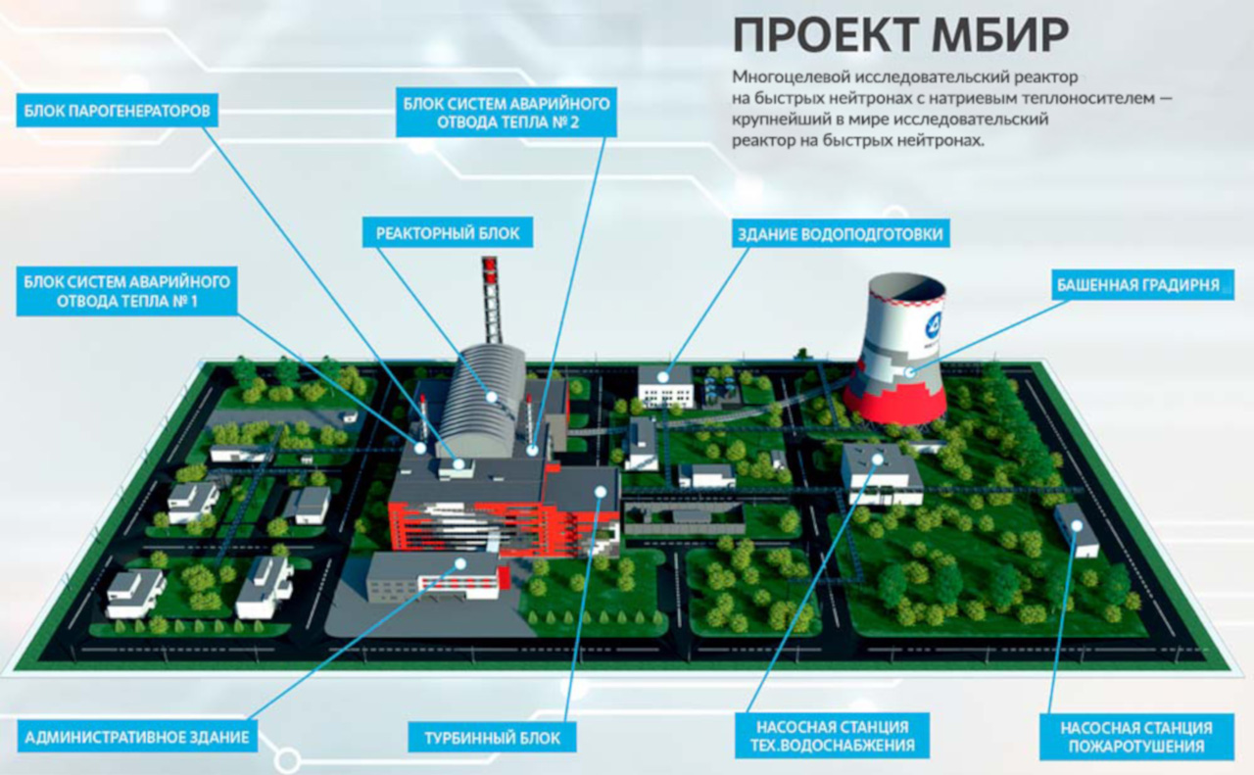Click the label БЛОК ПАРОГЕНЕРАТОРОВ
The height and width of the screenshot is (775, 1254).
click(117, 111)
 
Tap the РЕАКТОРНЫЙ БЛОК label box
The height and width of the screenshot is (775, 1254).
click(448, 232)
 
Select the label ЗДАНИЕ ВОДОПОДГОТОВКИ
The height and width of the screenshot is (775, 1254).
click(841, 233)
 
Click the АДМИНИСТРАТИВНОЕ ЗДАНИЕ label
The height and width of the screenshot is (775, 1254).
click(137, 737)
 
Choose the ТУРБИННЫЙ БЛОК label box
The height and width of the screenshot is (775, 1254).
click(492, 738)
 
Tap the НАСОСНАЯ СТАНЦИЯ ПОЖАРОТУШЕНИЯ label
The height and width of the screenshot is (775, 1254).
click(1136, 737)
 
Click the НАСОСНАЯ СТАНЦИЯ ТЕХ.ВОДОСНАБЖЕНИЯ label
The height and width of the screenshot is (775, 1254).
click(832, 736)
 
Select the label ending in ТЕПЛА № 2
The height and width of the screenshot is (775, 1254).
click(506, 112)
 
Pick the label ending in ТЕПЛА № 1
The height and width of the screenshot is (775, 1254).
click(126, 291)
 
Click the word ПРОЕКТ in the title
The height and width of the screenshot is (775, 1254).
click(826, 34)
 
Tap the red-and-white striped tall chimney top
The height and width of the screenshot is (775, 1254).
click(490, 269)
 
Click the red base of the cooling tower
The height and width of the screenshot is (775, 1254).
click(894, 405)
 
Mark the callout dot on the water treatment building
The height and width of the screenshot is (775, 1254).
click(663, 377)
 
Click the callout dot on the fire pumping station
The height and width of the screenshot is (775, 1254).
click(1077, 525)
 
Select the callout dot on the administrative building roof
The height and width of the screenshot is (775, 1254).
click(460, 563)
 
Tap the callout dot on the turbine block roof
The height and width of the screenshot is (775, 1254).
click(601, 492)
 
